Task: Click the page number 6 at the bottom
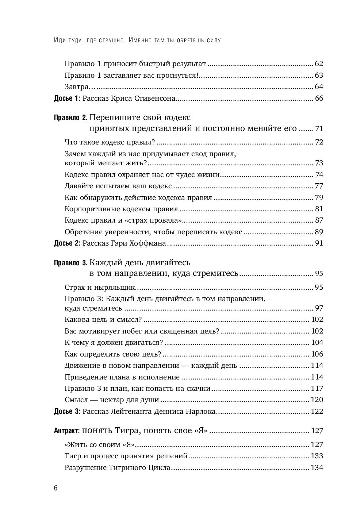point(55,489)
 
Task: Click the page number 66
point(319,99)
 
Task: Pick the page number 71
point(319,129)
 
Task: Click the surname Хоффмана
point(149,243)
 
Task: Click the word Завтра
point(77,87)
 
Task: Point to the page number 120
point(317,400)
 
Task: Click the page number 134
point(317,468)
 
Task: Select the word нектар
point(110,400)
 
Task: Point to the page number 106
point(317,354)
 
